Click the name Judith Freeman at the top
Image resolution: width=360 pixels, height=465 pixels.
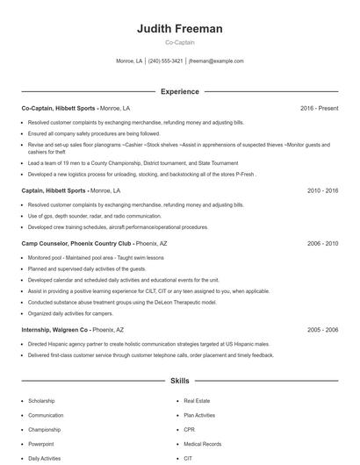179,29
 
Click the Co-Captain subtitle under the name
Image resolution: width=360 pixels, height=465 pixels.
179,42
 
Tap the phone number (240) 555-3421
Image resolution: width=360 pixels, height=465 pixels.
165,61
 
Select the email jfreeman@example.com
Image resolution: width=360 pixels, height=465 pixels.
216,61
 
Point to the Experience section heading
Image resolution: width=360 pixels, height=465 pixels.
179,91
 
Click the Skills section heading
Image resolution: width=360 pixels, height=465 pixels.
179,382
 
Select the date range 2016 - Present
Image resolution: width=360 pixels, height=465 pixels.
319,108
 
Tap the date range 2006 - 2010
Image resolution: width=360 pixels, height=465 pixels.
322,243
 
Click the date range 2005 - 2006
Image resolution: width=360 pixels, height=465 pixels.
322,330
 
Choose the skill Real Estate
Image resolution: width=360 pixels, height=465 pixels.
197,401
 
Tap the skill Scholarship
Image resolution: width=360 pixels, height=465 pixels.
41,401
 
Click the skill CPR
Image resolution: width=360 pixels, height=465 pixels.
189,430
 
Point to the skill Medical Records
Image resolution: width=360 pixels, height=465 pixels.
203,444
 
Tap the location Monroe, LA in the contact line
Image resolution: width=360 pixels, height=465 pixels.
129,61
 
